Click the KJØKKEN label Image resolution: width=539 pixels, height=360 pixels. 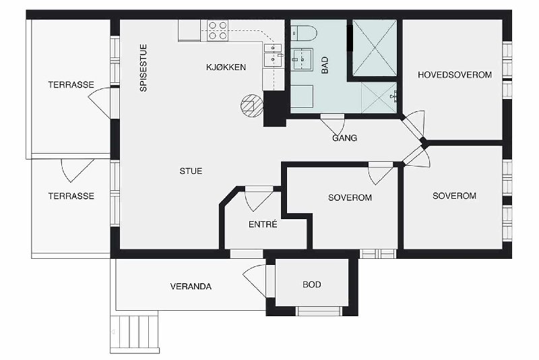[226, 67]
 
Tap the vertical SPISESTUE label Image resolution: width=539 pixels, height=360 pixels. [144, 67]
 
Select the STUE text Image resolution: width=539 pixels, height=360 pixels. [191, 171]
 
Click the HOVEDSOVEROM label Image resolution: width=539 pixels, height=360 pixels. [455, 75]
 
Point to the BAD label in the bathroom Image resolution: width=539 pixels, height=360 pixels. [325, 65]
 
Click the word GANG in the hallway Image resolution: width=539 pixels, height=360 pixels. [344, 138]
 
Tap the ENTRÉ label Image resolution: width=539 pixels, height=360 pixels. [263, 224]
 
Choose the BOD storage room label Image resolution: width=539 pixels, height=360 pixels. [312, 284]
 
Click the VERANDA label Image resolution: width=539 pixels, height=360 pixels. [191, 287]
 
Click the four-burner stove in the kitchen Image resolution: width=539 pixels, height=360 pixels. [218, 30]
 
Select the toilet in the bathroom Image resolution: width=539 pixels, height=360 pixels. [304, 33]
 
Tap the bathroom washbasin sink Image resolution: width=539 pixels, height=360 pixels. [302, 59]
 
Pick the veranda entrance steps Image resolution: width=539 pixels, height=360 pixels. [134, 332]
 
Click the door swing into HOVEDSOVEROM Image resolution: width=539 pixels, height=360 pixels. [414, 123]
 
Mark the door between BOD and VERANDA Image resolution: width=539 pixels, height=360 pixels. [255, 280]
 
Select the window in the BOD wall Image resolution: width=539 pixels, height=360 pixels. [319, 311]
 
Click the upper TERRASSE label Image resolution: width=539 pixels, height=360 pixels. [71, 84]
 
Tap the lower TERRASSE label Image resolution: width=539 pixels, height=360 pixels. [71, 196]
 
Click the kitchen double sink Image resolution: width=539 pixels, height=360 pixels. [273, 55]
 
